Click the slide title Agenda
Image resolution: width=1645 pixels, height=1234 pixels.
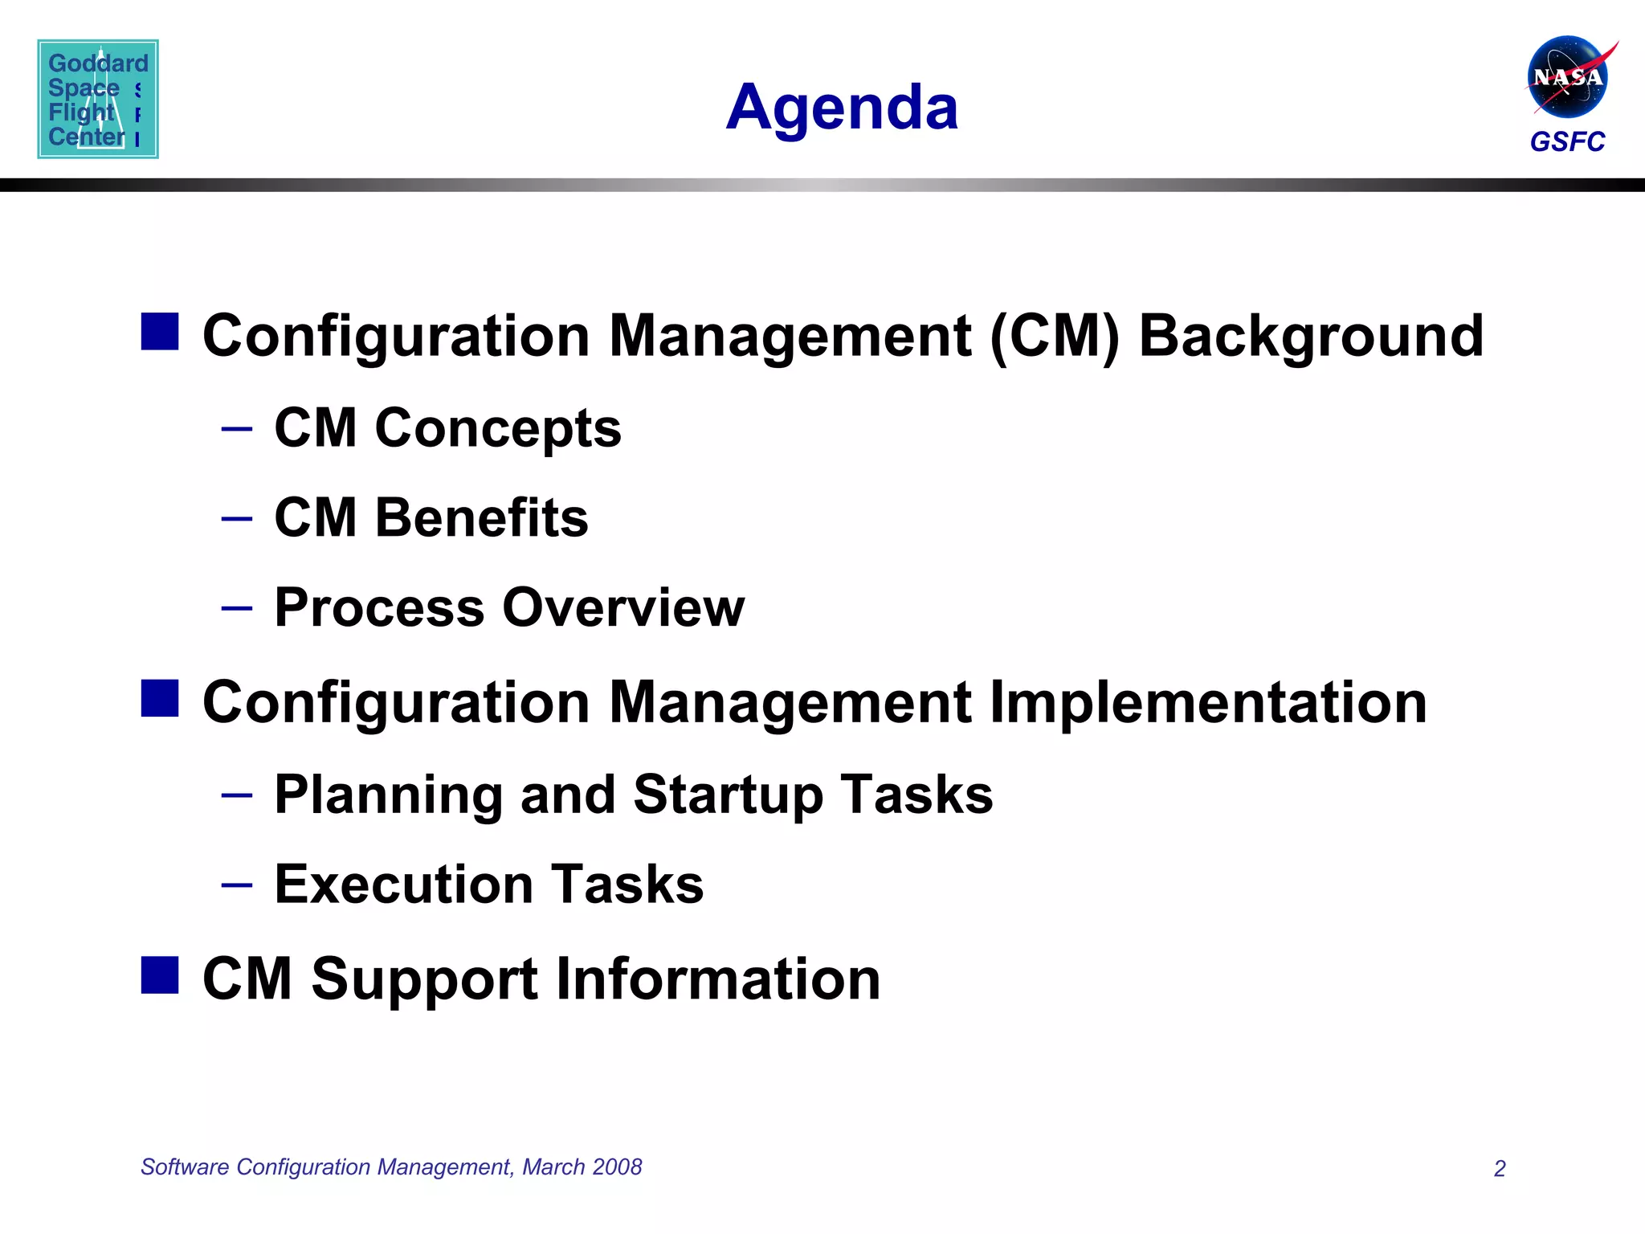[x=842, y=108]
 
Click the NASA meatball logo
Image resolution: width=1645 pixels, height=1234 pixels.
[x=1567, y=77]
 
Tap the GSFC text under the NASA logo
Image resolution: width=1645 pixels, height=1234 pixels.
[x=1567, y=141]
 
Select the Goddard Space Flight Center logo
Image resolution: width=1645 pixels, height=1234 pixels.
[x=98, y=99]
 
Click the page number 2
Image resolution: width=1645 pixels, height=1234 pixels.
[x=1499, y=1168]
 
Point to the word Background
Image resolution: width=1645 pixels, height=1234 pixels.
[x=1311, y=336]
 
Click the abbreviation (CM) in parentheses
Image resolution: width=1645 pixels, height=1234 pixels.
[x=1055, y=336]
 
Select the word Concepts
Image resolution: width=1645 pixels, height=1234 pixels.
[x=498, y=427]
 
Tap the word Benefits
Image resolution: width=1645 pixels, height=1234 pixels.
[x=482, y=517]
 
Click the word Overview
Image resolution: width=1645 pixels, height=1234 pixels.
[x=623, y=607]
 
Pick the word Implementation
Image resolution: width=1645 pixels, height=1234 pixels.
[x=1208, y=702]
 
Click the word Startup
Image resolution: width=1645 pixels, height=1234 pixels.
[x=728, y=795]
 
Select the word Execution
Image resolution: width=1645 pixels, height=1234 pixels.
[x=404, y=885]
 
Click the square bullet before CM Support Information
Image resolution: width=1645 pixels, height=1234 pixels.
[x=160, y=975]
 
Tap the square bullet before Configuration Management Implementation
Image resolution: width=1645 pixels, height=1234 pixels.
[x=160, y=697]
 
